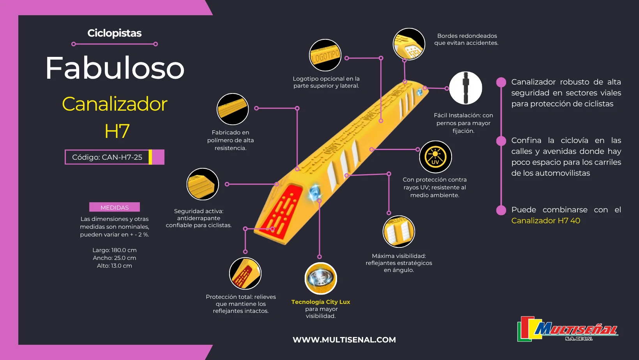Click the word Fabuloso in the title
coord(115,68)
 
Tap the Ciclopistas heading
coord(115,33)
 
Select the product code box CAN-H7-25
coord(115,157)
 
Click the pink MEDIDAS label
coord(115,207)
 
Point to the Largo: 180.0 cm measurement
coord(115,250)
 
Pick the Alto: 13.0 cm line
coord(115,266)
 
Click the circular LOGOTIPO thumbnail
coord(325,55)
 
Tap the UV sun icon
coord(435,157)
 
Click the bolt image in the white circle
coord(466,88)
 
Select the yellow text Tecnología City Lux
coord(321,302)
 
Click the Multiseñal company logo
coord(568,329)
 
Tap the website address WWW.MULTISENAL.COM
coord(344,340)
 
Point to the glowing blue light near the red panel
coord(315,192)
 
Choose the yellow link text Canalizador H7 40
coord(546,221)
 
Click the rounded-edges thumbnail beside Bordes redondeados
coord(409,44)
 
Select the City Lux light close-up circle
coord(321,279)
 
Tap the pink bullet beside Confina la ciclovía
coord(501,141)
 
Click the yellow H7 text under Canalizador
coord(117,131)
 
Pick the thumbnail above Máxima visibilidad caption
coord(399,232)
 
